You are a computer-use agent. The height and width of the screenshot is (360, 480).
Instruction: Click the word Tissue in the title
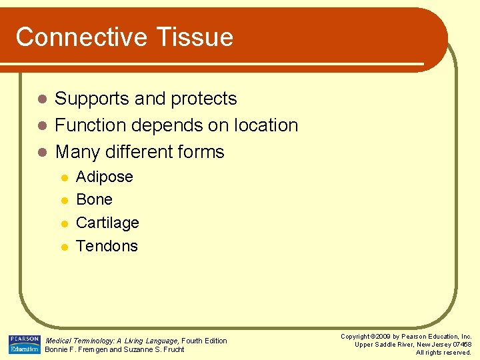click(198, 37)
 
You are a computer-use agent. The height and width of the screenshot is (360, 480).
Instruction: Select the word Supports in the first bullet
click(92, 99)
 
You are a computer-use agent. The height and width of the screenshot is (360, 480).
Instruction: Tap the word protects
click(203, 99)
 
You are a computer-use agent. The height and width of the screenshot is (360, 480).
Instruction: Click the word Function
click(92, 125)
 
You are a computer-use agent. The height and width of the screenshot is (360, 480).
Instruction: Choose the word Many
click(76, 152)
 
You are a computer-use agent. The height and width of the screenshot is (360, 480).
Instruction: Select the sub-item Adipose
click(105, 177)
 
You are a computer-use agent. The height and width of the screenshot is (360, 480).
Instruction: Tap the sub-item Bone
click(95, 199)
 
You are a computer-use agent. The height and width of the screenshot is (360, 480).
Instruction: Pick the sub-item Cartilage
click(107, 223)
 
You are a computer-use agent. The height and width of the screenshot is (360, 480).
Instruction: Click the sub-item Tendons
click(107, 246)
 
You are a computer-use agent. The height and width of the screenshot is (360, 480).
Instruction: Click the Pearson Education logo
click(24, 345)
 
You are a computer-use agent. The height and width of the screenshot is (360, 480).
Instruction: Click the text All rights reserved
click(443, 353)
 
